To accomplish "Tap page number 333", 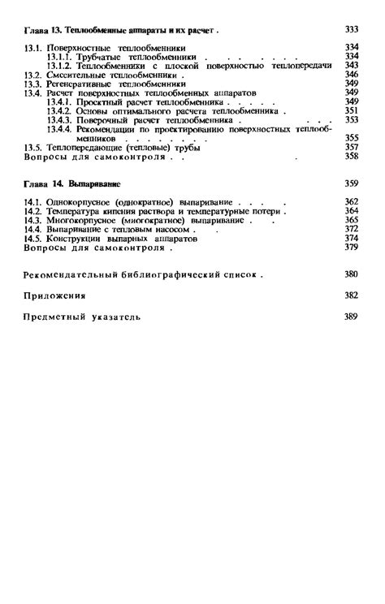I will (352, 31).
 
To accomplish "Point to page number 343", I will (352, 66).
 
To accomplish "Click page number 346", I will (352, 75).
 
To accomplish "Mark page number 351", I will (352, 110).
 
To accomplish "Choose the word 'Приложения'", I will (55, 296).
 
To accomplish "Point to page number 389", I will (352, 317).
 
